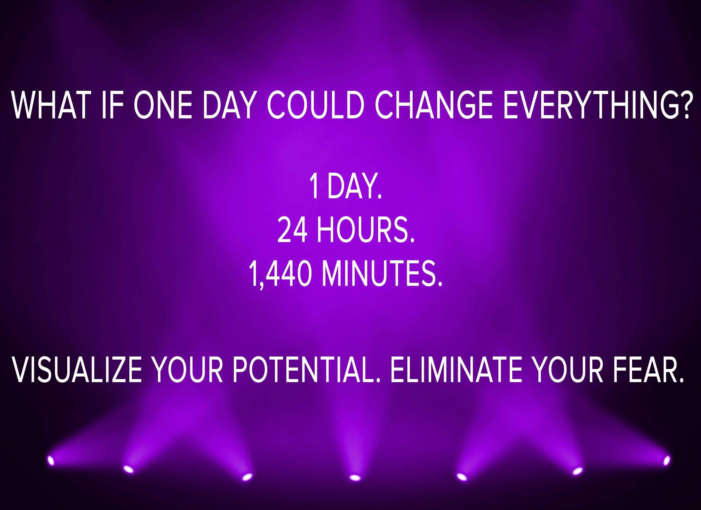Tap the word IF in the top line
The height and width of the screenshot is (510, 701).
[113, 105]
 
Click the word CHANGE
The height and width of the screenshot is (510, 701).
[434, 105]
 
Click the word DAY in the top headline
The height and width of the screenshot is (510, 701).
[230, 105]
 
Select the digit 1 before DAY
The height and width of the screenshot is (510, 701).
[314, 185]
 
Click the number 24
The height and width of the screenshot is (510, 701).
[292, 229]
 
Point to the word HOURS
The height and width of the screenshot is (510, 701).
[366, 229]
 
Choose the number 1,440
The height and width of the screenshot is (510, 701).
[280, 274]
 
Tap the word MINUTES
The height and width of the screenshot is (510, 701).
[382, 273]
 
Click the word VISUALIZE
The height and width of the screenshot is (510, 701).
[77, 369]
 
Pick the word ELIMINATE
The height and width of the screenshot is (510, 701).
[457, 369]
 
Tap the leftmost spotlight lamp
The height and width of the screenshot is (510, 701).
[51, 461]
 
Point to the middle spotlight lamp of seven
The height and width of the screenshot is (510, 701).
[355, 478]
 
